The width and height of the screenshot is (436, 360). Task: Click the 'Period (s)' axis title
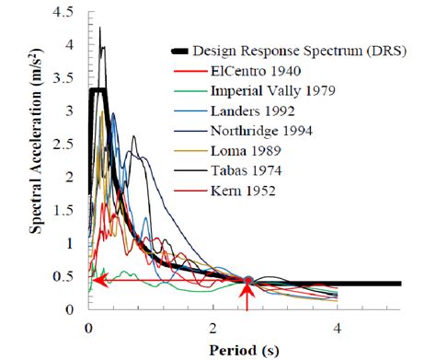coord(243,350)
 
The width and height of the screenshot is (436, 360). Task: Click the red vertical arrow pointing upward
coord(247,299)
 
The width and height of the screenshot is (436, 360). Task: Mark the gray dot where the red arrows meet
coord(247,280)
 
